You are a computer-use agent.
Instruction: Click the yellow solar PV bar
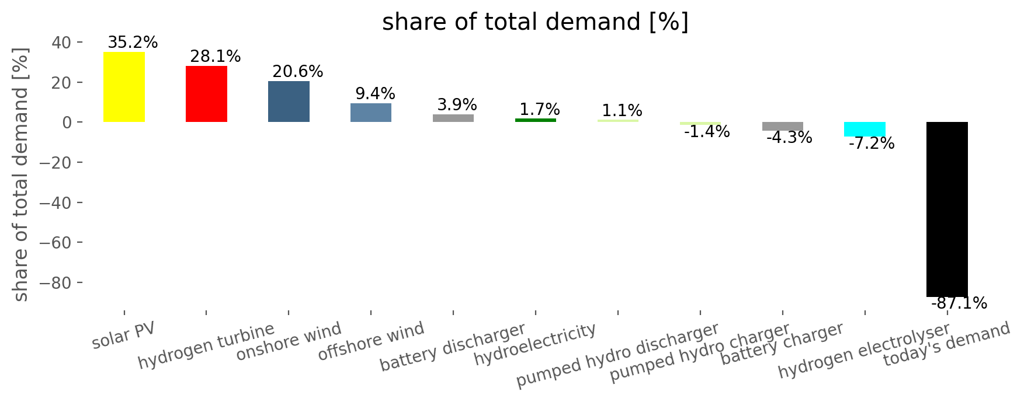(124, 87)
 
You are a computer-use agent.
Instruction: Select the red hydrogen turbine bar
(206, 94)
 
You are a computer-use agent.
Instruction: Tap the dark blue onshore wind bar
(289, 102)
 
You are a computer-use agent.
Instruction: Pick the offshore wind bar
(371, 113)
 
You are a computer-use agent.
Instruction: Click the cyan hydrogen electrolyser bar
(865, 129)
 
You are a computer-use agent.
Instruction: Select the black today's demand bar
(947, 209)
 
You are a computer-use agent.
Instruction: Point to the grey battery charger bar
(782, 126)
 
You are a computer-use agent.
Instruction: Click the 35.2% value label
(133, 43)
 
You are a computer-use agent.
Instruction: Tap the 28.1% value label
(216, 57)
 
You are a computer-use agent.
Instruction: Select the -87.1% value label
(959, 303)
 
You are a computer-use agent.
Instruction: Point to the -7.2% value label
(871, 144)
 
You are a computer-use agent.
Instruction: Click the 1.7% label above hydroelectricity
(540, 109)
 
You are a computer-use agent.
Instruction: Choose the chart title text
(535, 22)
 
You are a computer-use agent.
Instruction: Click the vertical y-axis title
(21, 174)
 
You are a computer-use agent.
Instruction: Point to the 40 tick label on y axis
(64, 43)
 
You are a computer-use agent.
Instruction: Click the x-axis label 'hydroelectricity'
(535, 344)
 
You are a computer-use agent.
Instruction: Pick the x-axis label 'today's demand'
(946, 344)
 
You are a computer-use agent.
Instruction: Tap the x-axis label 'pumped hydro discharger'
(617, 355)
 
